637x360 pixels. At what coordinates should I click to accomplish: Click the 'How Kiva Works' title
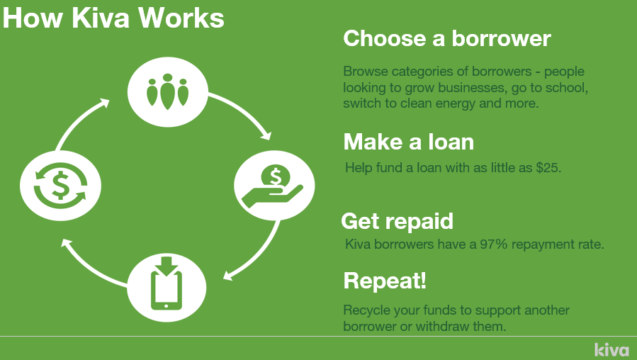pyautogui.click(x=113, y=18)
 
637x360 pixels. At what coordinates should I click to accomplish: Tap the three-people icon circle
pyautogui.click(x=168, y=92)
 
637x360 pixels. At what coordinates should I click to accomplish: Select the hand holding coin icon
pyautogui.click(x=274, y=186)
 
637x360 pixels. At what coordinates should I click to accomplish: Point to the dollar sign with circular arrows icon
pyautogui.click(x=60, y=186)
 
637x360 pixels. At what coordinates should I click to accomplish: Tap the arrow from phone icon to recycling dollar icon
pyautogui.click(x=90, y=268)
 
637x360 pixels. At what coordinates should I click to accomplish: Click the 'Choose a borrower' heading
pyautogui.click(x=447, y=39)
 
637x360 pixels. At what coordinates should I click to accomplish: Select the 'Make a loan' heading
pyautogui.click(x=409, y=142)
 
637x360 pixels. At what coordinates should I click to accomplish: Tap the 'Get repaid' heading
pyautogui.click(x=398, y=222)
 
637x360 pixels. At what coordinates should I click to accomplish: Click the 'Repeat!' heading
pyautogui.click(x=385, y=281)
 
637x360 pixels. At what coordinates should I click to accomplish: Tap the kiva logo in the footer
pyautogui.click(x=611, y=349)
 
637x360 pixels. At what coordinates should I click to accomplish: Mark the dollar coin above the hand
pyautogui.click(x=276, y=177)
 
